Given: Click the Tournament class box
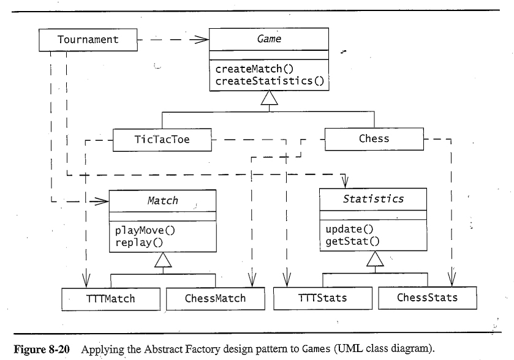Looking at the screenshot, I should (x=88, y=40).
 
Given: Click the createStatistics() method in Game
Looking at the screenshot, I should (x=269, y=80).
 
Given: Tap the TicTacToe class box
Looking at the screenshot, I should (x=162, y=139).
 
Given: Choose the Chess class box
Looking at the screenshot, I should (x=374, y=138).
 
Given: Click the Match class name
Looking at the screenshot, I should (x=163, y=200).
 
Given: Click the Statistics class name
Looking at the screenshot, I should (x=373, y=199).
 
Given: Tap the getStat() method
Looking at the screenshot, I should (x=352, y=241).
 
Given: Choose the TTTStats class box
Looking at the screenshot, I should (x=322, y=298).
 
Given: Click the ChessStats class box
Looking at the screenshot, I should (x=427, y=298).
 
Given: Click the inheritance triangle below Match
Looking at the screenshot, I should (x=163, y=263).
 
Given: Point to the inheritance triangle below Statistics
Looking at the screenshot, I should (x=374, y=261).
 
